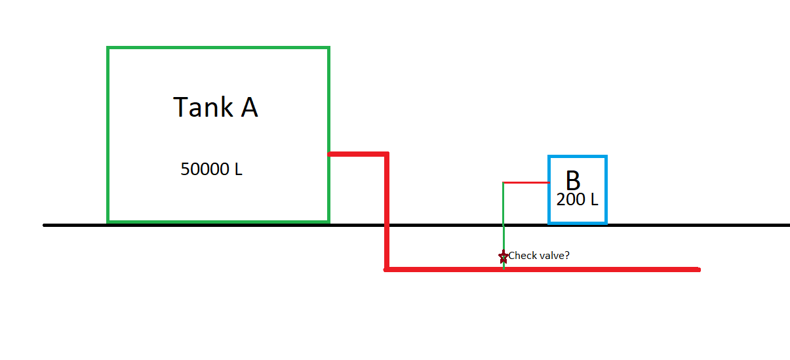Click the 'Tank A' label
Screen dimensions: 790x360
216,108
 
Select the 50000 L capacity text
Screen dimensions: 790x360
211,169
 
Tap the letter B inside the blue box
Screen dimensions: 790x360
572,182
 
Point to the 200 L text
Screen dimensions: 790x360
577,200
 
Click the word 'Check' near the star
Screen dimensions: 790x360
523,255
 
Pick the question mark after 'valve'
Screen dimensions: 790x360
566,255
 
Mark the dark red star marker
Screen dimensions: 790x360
503,256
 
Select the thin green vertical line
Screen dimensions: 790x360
503,216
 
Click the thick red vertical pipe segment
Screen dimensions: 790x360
387,197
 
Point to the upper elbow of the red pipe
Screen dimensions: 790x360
387,155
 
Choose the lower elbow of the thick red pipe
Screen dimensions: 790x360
387,269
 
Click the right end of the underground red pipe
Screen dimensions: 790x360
698,269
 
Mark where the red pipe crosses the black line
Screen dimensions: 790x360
387,225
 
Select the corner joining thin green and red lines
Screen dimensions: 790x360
503,182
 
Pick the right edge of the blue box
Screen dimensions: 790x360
606,190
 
